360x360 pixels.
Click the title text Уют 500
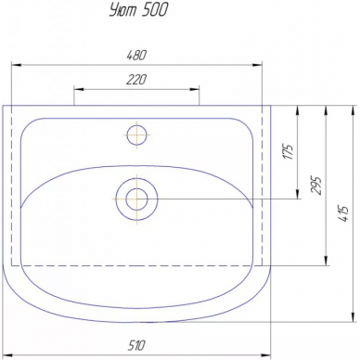tap(138, 10)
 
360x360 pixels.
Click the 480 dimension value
tap(136, 55)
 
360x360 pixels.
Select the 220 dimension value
tap(136, 80)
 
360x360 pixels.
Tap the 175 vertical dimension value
tap(289, 151)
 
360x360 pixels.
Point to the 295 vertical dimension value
tap(316, 185)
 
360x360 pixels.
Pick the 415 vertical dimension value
tap(344, 213)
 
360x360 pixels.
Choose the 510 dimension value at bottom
tap(136, 345)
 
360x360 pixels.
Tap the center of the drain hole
tap(136, 199)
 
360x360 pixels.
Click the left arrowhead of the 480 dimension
tap(16, 65)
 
